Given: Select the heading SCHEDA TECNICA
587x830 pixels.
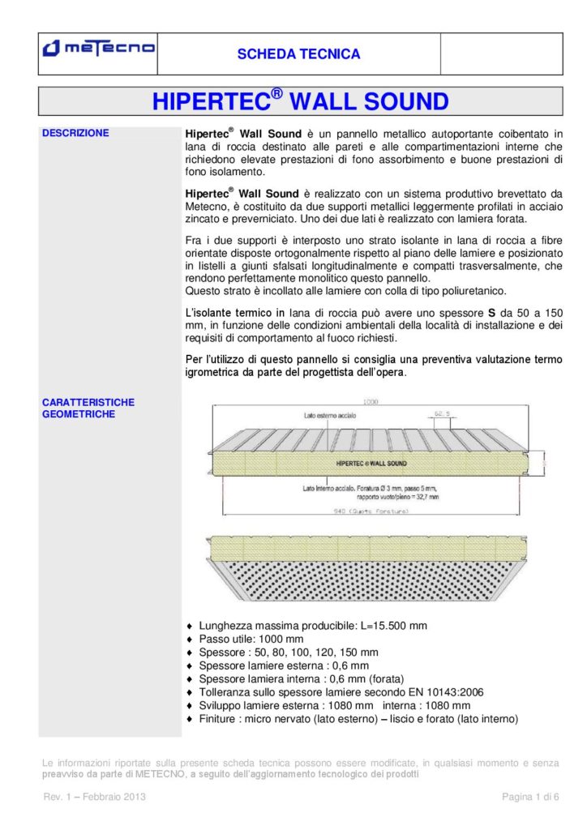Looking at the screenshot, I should pyautogui.click(x=298, y=54).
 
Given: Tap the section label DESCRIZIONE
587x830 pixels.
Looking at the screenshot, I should pyautogui.click(x=75, y=133).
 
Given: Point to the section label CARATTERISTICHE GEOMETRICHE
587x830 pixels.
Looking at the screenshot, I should pyautogui.click(x=88, y=408).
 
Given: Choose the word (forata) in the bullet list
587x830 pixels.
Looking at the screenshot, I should pyautogui.click(x=386, y=678).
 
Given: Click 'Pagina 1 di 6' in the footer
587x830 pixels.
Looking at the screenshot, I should pyautogui.click(x=531, y=798).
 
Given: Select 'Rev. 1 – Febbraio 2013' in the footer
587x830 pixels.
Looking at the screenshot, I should pyautogui.click(x=94, y=798).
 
